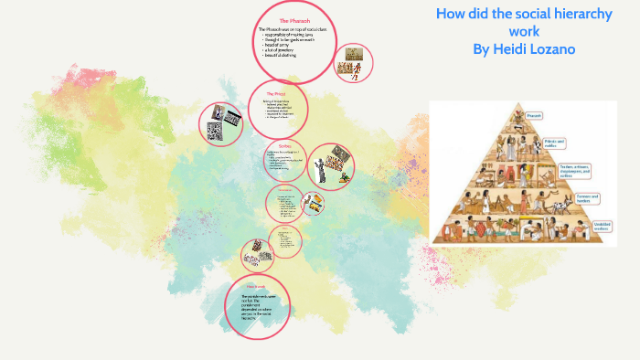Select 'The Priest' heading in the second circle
coord(276,94)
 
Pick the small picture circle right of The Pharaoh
coord(353,65)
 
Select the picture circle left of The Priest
coord(222,123)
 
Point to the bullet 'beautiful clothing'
coord(282,57)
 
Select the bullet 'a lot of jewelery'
coord(279,51)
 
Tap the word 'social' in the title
coord(518,15)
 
